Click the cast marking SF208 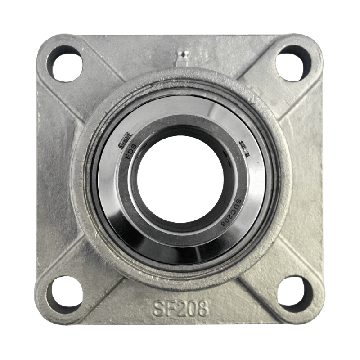[180, 304]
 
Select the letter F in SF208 [166, 304]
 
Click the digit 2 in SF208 [179, 304]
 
